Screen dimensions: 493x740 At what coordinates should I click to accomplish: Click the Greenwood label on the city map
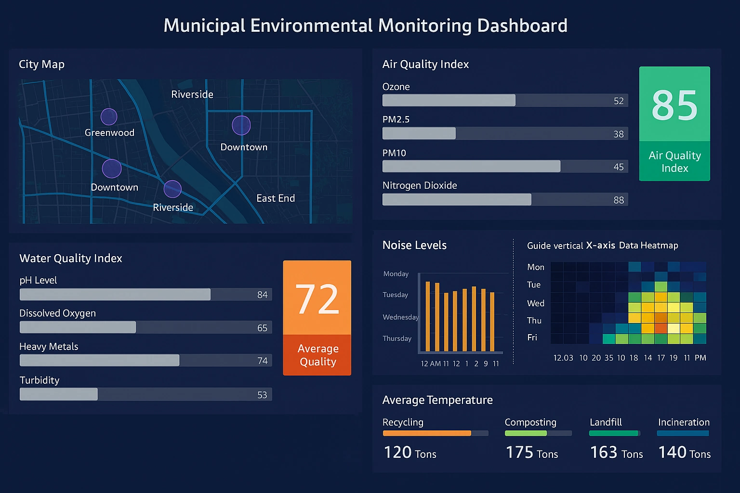[109, 132]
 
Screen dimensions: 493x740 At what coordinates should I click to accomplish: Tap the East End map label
[276, 198]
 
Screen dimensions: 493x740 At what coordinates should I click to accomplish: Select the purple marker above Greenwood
[109, 117]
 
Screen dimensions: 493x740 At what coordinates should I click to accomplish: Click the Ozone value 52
[619, 101]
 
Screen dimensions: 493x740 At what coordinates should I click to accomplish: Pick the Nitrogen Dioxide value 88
[619, 200]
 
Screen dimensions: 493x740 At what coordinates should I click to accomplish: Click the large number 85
[674, 105]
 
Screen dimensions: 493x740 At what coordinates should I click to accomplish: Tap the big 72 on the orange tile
[317, 299]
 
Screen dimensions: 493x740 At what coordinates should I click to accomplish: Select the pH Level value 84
[262, 295]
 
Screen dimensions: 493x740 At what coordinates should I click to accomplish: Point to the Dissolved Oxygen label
[57, 313]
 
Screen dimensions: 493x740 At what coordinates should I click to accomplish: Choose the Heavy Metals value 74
[262, 361]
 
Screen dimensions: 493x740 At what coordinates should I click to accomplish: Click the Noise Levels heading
[414, 245]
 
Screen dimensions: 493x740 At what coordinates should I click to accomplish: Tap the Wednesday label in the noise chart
[400, 317]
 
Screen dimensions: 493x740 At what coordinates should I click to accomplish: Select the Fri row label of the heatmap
[532, 337]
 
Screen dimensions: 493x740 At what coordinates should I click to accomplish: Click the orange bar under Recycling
[427, 433]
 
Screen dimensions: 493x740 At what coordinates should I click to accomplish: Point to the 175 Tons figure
[531, 453]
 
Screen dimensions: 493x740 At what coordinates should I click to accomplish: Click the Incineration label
[684, 422]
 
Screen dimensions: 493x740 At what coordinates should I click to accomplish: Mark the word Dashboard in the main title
[522, 26]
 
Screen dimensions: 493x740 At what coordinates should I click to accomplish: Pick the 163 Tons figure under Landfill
[616, 453]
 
